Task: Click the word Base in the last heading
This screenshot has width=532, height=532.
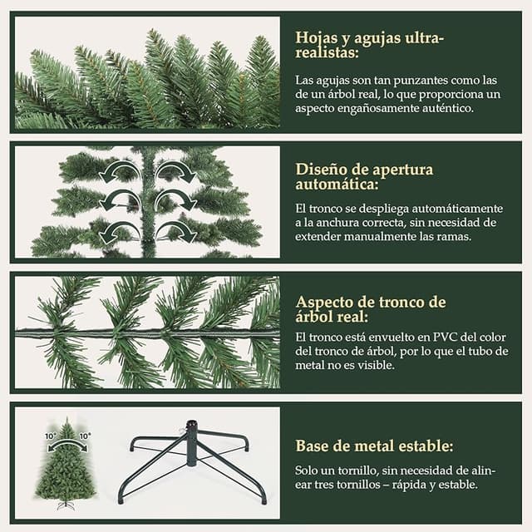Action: (x=313, y=446)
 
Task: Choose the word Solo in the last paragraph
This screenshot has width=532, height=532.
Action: (x=309, y=470)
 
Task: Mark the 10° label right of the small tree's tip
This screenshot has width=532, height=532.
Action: (x=85, y=435)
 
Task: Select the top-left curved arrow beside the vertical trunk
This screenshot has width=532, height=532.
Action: (x=118, y=172)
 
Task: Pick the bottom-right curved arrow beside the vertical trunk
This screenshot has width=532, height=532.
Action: (x=175, y=230)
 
